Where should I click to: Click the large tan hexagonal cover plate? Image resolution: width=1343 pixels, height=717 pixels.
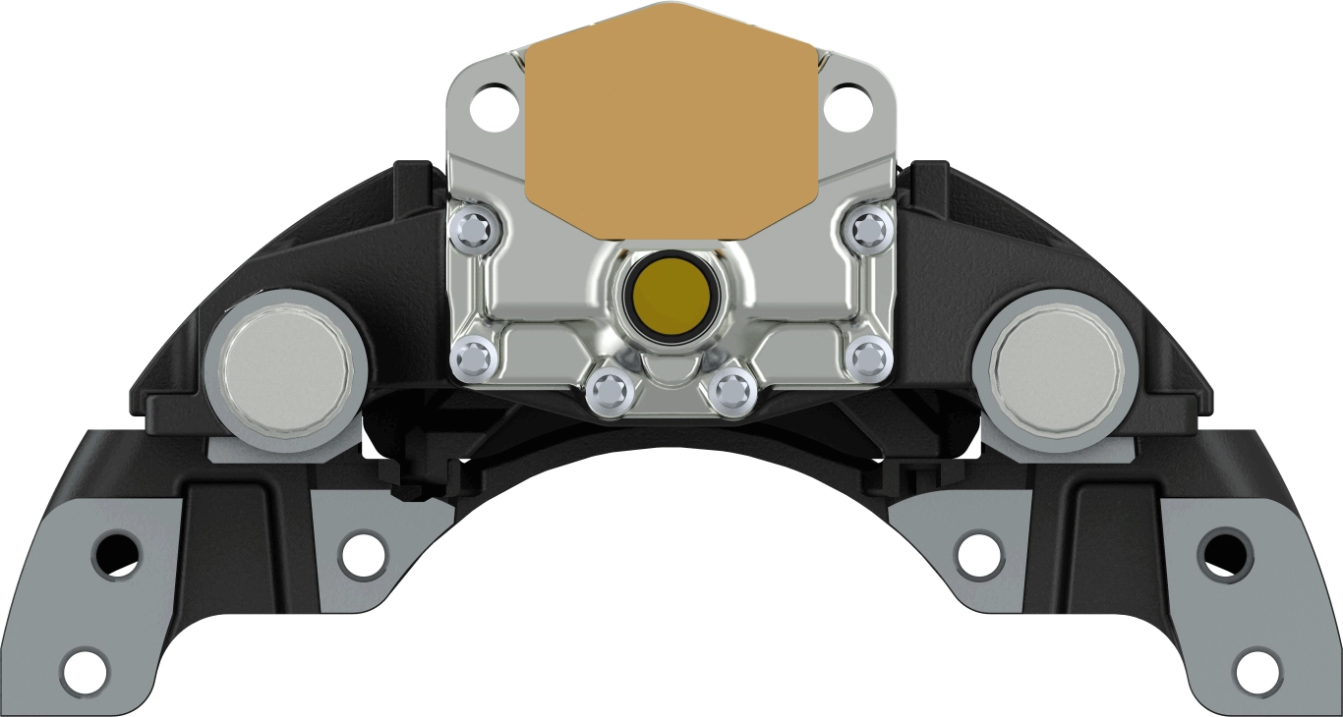point(671,123)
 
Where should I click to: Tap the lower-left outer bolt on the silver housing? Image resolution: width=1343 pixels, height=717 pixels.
point(474,359)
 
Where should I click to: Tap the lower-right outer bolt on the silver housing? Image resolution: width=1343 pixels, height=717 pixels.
point(870,358)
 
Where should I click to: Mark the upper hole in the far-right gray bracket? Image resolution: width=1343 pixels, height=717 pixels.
point(1224,553)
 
